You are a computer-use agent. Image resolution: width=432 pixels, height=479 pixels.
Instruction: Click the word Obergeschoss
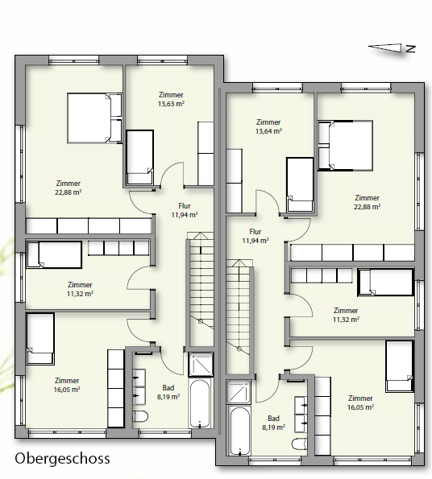[61, 460]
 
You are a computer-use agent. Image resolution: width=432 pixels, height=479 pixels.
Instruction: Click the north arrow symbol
[392, 47]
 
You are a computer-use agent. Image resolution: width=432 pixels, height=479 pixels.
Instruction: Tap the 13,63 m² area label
[170, 104]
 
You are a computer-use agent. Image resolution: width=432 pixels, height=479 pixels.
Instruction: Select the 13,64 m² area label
[268, 130]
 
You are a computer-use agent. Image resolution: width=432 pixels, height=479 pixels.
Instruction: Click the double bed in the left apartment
[94, 118]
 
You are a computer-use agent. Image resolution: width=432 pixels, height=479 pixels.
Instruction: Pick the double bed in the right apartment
[346, 146]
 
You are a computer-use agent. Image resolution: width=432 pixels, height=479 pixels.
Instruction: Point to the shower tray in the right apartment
[239, 393]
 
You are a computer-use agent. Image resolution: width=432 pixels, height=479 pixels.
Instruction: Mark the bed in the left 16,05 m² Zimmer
[40, 337]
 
